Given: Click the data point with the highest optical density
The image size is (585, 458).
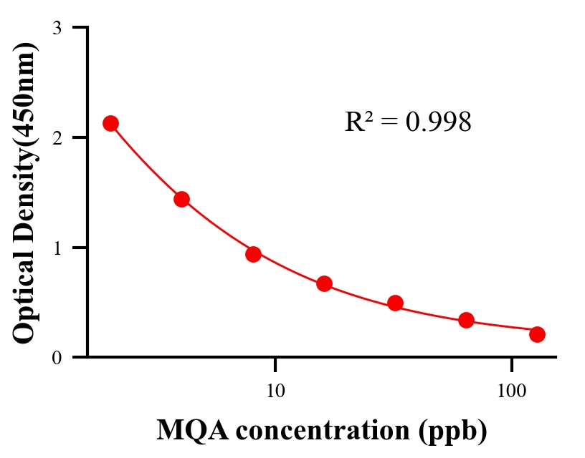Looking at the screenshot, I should [x=110, y=123].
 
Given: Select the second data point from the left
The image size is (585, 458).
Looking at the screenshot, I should [x=181, y=199].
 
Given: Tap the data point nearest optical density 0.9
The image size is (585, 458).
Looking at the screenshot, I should [x=253, y=254].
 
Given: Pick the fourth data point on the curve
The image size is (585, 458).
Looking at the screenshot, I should [x=324, y=284].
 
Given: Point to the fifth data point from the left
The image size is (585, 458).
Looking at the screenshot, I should [x=395, y=303].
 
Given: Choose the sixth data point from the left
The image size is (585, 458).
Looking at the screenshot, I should [x=466, y=320].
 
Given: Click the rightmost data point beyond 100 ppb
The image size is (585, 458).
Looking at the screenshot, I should [x=537, y=334].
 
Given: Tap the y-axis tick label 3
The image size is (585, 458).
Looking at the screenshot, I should [x=57, y=28].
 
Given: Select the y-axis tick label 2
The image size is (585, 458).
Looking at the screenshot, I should [x=57, y=137].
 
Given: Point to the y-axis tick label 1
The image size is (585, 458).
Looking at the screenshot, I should [x=57, y=248].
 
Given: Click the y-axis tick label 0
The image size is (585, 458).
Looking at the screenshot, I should [x=57, y=357].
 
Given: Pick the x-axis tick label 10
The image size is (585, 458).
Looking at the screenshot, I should [x=275, y=391].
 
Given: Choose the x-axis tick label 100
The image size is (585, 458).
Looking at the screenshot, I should [x=511, y=391].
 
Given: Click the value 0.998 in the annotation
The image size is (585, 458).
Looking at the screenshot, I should [x=438, y=122].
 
